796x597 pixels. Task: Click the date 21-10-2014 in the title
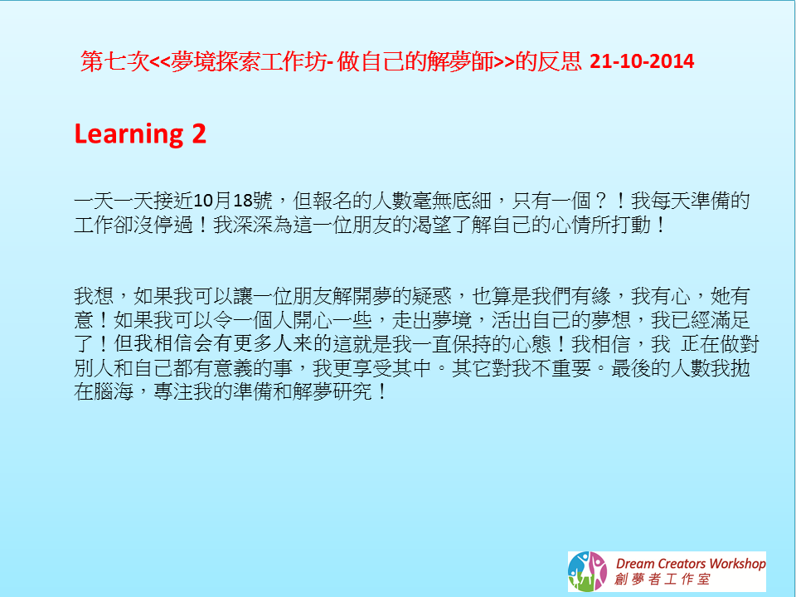tap(642, 61)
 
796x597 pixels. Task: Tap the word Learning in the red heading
tap(129, 134)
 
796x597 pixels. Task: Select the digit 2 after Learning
tap(199, 133)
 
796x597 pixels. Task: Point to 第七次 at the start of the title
tap(114, 61)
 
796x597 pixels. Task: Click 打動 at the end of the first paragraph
tap(631, 225)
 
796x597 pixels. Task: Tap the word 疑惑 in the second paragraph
tap(431, 295)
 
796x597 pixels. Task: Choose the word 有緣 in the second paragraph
tap(591, 295)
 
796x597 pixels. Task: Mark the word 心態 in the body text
tap(531, 343)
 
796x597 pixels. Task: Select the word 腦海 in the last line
tap(114, 391)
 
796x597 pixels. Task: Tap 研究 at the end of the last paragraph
tap(352, 391)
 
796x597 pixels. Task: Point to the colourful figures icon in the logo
tap(587, 571)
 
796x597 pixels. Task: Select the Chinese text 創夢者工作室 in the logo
tap(662, 580)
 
